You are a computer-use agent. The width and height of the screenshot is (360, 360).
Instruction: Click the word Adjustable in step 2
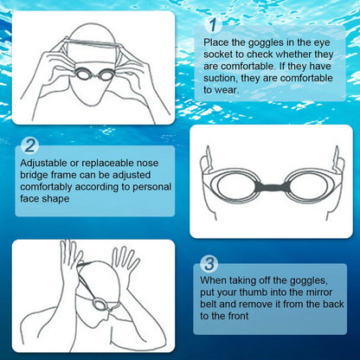click(x=42, y=162)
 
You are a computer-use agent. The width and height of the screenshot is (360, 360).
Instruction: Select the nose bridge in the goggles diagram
click(x=272, y=185)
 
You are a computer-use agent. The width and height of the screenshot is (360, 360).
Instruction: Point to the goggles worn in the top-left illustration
click(x=93, y=75)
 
